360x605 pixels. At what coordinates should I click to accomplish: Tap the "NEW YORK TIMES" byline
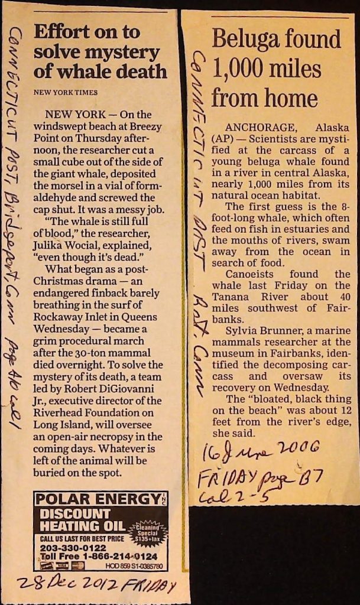(66, 92)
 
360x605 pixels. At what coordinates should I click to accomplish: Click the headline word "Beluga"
(243, 40)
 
